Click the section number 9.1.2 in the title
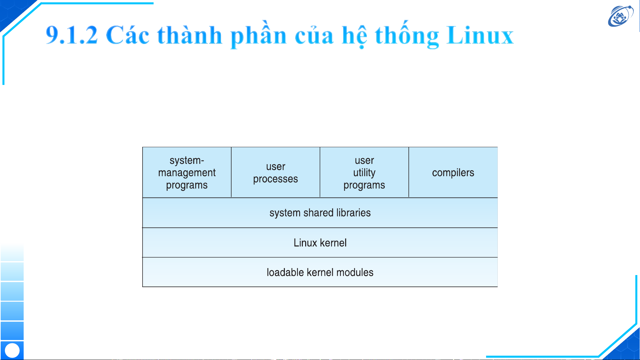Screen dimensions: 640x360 pos(72,35)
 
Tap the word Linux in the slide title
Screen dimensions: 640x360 pos(480,35)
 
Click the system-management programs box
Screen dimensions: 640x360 pos(187,172)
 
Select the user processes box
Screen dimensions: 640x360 pos(276,172)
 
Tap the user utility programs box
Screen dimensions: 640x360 pos(364,172)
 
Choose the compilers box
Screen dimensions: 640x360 pos(453,172)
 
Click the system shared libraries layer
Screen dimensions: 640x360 pos(320,213)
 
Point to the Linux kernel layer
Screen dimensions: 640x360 pos(320,243)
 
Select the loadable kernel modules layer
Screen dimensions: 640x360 pos(320,272)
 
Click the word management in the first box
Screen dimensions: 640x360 pos(187,173)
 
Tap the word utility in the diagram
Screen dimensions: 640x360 pos(364,173)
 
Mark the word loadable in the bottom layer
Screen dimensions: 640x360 pos(285,272)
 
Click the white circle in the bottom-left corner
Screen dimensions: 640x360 pos(12,350)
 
